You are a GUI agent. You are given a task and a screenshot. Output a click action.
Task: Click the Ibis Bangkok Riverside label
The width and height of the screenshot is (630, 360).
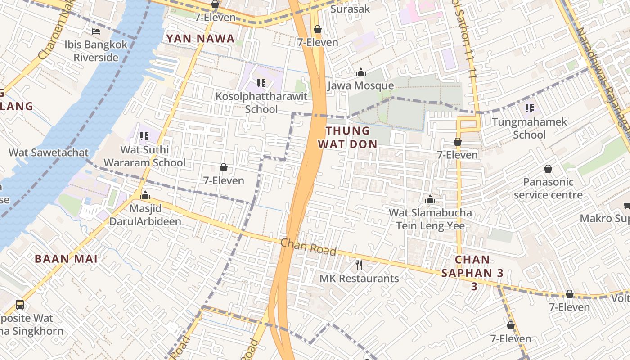pos(96,51)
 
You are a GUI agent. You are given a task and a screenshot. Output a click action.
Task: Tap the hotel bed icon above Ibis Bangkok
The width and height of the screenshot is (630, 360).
pos(96,31)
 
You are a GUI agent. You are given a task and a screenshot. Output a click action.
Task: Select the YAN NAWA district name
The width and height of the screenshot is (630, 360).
pos(201,39)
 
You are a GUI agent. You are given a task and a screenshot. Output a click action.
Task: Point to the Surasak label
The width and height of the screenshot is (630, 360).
pos(350,9)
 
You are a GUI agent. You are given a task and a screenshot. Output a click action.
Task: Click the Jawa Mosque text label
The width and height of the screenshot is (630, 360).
pos(360,85)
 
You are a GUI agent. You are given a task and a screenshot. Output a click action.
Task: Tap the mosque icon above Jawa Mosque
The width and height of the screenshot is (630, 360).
pos(360,73)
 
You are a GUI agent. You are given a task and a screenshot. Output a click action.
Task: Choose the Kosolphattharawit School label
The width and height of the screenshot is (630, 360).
pos(261,103)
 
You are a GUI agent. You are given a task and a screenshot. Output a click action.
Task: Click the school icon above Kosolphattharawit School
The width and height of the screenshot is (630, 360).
pos(261,83)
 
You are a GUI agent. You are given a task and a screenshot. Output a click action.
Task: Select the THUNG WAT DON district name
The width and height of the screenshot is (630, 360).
pos(347,137)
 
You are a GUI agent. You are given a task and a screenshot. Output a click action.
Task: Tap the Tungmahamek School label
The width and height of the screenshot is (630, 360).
pos(530,128)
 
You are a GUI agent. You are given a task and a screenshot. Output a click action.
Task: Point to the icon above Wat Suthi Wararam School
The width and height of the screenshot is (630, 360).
pos(144,136)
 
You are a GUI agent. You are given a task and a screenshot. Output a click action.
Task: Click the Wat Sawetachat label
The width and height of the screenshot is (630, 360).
pos(49,153)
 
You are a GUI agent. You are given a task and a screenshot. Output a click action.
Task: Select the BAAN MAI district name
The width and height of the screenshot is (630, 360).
pos(66,259)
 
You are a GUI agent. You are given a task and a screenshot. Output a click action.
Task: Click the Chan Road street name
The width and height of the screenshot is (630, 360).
pos(308,247)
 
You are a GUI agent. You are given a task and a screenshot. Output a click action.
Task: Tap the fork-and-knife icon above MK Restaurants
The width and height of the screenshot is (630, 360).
pos(359,265)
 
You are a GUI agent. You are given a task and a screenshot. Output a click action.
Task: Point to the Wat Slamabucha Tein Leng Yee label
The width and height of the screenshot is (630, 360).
pos(430,219)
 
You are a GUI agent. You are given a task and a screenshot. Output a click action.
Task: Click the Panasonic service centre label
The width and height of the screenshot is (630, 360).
pos(548,188)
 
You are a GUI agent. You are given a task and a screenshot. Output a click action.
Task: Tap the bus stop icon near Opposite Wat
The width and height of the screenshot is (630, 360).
pos(20,305)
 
